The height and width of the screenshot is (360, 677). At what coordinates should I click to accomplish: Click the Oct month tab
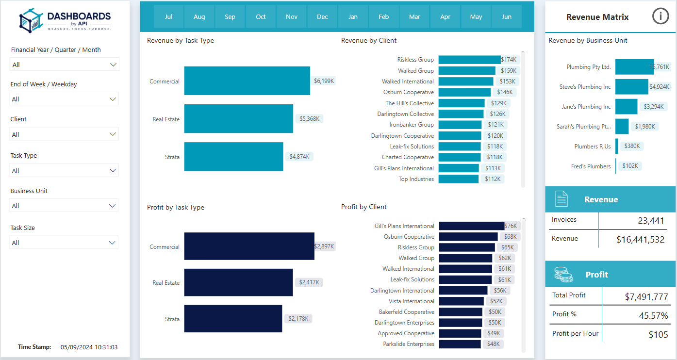point(261,17)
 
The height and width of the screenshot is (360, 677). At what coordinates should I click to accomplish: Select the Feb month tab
point(383,17)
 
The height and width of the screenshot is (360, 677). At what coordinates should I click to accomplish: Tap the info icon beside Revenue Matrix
point(660,16)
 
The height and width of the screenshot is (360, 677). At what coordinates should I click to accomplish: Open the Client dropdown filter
point(64,134)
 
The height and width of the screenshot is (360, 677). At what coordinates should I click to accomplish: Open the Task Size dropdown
point(64,243)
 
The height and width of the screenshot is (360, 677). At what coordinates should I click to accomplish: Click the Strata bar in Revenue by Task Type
point(233,157)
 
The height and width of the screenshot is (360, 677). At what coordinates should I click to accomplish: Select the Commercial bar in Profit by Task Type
point(249,246)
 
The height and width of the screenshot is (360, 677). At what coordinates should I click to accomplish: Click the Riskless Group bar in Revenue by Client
point(469,60)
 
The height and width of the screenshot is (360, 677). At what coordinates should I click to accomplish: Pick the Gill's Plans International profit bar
point(472,226)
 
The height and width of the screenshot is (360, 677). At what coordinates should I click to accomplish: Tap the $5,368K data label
point(310,119)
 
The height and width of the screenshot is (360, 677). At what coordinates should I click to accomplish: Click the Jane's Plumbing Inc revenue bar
point(626,106)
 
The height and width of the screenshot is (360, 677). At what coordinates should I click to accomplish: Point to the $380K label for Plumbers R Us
point(632,146)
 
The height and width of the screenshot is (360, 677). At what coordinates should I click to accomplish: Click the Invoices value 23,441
point(651,221)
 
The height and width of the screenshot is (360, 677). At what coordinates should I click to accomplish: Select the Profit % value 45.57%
point(653,315)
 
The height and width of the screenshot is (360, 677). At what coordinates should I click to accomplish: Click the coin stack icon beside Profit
point(563,275)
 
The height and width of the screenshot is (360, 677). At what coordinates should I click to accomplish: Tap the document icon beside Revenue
point(561,199)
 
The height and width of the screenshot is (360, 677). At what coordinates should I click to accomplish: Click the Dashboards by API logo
point(65,20)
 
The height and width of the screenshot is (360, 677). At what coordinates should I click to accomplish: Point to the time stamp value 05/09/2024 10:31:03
point(89,347)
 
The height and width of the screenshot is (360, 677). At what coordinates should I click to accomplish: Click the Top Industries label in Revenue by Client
point(416,179)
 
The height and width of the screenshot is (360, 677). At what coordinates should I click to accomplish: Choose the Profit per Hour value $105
point(658,335)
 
